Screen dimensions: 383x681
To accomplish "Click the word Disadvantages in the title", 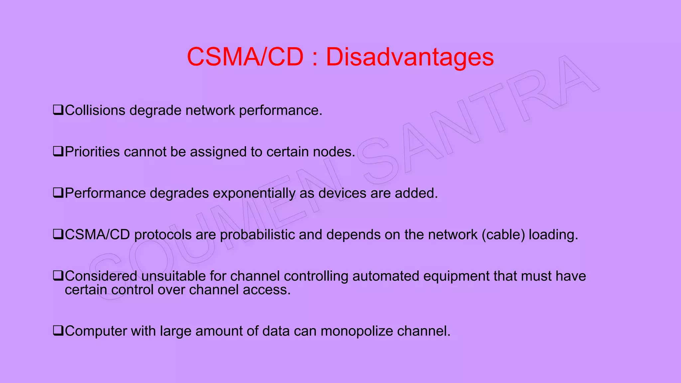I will tap(410, 57).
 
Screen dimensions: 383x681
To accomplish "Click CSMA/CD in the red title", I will tap(245, 57).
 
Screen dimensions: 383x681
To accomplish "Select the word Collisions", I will tap(95, 110).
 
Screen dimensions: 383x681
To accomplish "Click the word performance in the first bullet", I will tap(280, 110).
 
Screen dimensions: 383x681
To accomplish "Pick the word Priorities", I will tap(92, 152).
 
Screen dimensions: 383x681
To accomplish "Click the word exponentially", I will tap(254, 193).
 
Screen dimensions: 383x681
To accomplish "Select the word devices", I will tap(342, 193).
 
